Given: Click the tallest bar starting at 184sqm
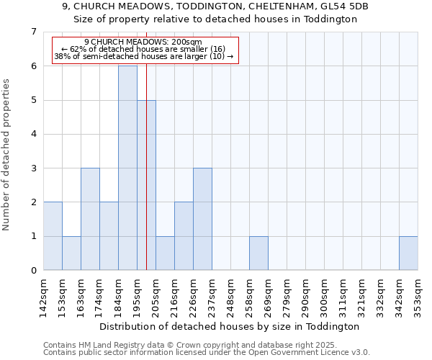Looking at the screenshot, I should point(127,168).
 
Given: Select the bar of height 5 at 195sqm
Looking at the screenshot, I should point(146,185).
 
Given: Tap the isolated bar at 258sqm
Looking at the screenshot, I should point(258,253).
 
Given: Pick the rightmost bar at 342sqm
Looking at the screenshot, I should point(408,253).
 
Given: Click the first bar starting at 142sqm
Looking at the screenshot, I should point(53,236).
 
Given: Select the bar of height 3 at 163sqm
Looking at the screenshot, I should point(90,219).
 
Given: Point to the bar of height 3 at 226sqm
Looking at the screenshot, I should point(202,219).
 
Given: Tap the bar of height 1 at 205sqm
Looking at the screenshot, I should point(165,253).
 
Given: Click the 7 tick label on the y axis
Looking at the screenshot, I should point(33,32).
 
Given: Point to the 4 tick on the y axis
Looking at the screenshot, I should point(33,134).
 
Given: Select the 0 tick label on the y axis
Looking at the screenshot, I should point(33,271).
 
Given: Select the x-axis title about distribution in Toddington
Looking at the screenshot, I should point(230,326).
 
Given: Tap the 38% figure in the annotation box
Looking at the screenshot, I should point(61,56).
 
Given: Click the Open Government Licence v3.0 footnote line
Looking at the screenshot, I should point(207,353).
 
